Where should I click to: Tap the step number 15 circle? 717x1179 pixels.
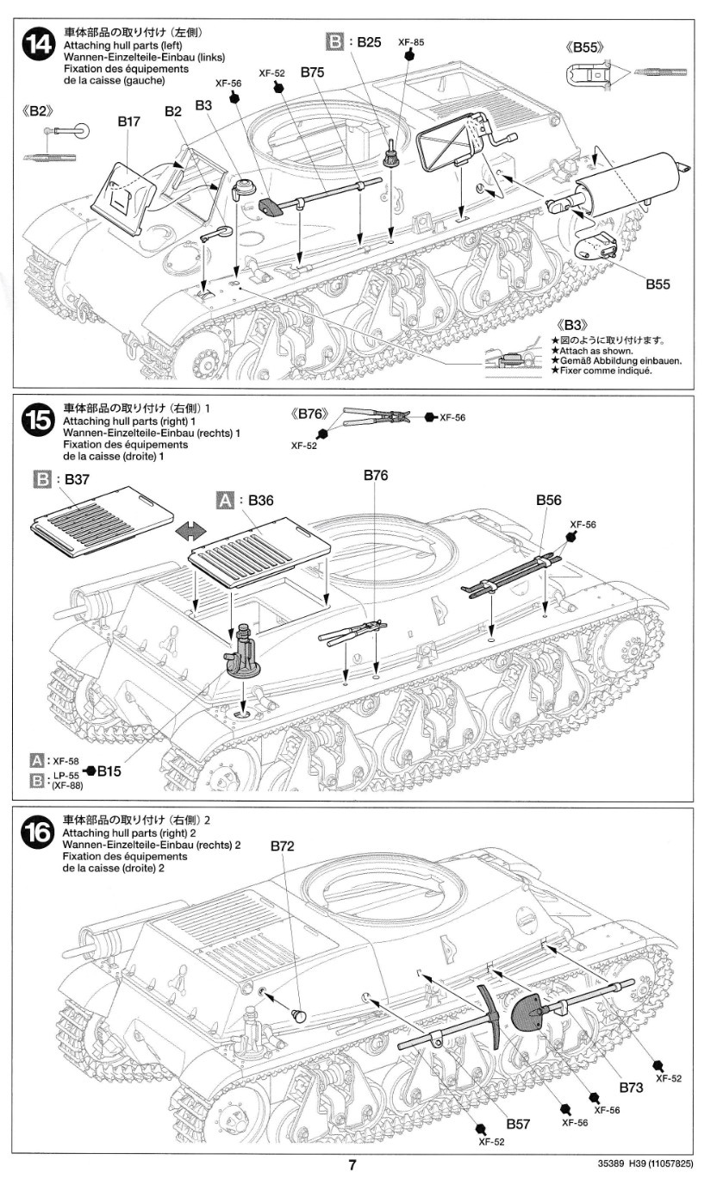pos(37,425)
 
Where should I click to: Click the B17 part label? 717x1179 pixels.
pos(128,122)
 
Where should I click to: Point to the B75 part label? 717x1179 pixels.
pos(312,73)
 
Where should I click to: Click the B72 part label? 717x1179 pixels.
pos(283,846)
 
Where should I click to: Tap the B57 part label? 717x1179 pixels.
pos(518,1124)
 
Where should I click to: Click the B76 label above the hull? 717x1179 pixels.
pos(376,475)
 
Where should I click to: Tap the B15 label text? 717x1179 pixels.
pos(109,771)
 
